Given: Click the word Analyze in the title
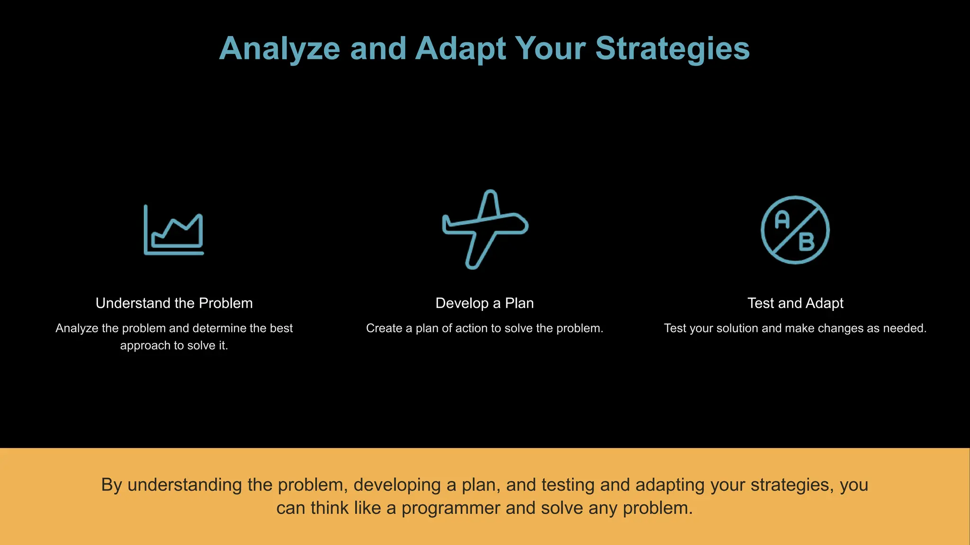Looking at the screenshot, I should [x=279, y=49].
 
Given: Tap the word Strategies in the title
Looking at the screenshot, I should [x=672, y=49].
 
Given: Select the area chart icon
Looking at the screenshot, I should [x=174, y=230].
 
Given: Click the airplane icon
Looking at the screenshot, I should [x=485, y=229].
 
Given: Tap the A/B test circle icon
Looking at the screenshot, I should [x=795, y=230].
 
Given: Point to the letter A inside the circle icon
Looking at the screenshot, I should [x=782, y=220].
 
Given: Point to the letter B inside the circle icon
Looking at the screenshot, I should [x=806, y=242].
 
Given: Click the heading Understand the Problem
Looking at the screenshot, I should [x=174, y=303].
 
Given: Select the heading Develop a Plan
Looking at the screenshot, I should [x=485, y=303].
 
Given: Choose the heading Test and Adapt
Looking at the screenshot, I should [x=795, y=303].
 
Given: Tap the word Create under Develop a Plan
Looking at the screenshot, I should [x=384, y=328].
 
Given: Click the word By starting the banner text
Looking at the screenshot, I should [x=112, y=485].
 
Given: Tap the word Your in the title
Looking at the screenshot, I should [x=550, y=49].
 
